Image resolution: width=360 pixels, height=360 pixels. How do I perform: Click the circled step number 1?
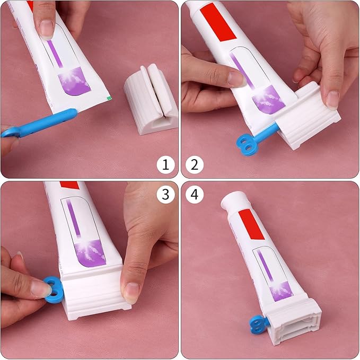[165, 165]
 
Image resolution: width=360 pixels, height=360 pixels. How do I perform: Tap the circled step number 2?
[195, 165]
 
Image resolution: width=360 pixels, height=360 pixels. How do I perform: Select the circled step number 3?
[165, 195]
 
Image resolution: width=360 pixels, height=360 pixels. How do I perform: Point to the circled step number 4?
[195, 195]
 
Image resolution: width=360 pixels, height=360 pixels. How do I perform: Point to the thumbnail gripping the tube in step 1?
[47, 28]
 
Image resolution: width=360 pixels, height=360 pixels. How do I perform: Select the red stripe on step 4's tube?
[251, 224]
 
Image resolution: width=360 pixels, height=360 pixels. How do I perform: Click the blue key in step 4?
[259, 323]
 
